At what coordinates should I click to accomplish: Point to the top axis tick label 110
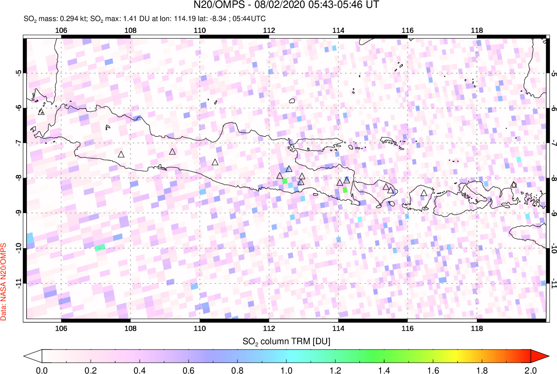coord(200,30)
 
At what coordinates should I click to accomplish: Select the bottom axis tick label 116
coord(407,328)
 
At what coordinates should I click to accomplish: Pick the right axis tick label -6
coord(553,108)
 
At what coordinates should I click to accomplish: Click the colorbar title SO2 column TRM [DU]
coord(286,341)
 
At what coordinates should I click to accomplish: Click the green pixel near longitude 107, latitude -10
coord(100,247)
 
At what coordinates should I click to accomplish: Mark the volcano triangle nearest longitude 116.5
coord(423,193)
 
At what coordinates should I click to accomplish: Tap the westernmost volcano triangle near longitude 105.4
coord(41,112)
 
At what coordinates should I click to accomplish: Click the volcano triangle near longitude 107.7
coord(121,154)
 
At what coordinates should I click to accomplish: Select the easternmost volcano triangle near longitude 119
coord(514,185)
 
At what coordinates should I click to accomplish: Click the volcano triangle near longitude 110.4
coord(215,162)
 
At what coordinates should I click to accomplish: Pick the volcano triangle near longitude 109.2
coord(173,152)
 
